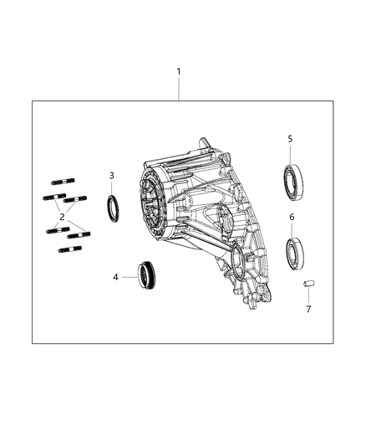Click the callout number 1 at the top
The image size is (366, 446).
coord(178,73)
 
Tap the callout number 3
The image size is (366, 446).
coord(111,175)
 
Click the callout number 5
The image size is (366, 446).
coord(290,139)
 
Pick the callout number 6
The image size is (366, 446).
coord(292,217)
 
